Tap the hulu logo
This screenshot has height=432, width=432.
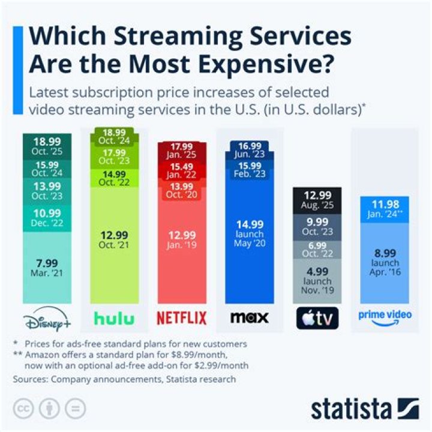pos(115,319)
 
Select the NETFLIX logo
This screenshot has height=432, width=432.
pos(181,318)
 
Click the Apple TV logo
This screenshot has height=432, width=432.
pos(317,319)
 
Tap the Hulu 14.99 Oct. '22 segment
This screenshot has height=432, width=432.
pos(115,179)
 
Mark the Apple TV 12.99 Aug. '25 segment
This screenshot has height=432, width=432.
pos(317,200)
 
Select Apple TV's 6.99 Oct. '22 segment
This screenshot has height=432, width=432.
pos(317,249)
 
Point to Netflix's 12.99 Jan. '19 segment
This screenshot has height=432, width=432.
pos(181,240)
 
